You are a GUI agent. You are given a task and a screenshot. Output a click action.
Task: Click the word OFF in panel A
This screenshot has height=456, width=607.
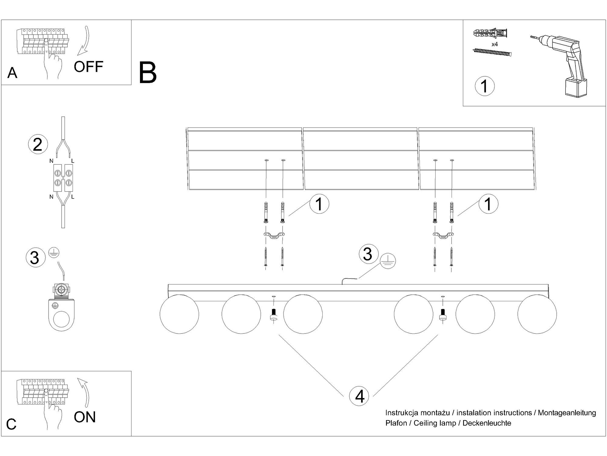click(x=88, y=67)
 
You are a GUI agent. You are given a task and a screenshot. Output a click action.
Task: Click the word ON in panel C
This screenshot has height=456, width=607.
click(x=85, y=417)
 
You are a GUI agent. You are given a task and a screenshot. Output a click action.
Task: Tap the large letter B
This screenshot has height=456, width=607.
click(x=148, y=73)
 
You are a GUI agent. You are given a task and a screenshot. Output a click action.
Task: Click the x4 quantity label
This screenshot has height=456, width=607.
click(x=495, y=44)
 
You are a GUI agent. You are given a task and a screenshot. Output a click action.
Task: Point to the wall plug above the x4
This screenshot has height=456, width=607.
click(x=490, y=33)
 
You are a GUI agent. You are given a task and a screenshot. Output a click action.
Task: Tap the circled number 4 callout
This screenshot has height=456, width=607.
click(x=359, y=396)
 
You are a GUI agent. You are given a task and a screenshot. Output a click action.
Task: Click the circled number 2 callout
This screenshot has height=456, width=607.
click(x=38, y=144)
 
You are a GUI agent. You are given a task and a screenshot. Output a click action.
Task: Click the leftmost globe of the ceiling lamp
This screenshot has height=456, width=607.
click(x=179, y=314)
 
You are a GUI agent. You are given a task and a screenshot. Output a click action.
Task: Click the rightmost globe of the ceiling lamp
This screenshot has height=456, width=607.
click(x=537, y=314)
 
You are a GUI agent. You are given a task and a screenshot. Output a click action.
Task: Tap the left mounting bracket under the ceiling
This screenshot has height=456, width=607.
click(x=274, y=235)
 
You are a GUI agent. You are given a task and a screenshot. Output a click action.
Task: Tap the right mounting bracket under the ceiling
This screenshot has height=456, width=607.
click(x=443, y=235)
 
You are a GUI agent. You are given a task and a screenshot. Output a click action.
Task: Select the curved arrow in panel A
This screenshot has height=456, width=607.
click(x=83, y=41)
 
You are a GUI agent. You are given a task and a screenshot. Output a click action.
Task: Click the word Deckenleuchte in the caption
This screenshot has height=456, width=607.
click(x=487, y=423)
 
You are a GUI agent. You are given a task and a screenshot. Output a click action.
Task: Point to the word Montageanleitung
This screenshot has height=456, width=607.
click(x=567, y=413)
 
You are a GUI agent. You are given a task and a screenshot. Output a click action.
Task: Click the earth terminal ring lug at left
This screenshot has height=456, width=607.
click(x=61, y=315)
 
